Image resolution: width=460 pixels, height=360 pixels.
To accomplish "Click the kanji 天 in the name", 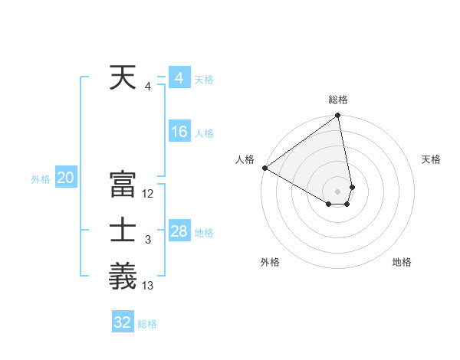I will tap(123, 77).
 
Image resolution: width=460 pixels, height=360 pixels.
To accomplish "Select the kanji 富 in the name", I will tap(123, 185).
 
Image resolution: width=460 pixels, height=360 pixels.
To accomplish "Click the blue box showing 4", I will tap(179, 78).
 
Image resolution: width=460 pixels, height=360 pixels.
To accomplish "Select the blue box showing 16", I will tap(179, 132).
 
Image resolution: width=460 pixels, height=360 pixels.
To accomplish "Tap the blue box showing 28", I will tap(179, 231).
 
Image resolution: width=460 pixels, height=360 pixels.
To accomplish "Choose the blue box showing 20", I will tap(65, 178).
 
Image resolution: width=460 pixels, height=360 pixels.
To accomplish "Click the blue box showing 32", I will tap(123, 322).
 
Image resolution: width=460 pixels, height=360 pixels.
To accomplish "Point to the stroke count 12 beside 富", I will tap(148, 195).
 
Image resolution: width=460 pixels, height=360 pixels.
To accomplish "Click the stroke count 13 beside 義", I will tap(148, 286).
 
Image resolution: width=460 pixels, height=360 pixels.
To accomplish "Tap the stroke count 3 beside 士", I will tap(148, 241).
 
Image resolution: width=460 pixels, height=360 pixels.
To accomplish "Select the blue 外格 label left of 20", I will tap(41, 179).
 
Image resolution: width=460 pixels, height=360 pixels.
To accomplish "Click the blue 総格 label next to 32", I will tap(147, 324).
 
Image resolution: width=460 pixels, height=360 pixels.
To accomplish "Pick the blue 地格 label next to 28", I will tap(205, 233).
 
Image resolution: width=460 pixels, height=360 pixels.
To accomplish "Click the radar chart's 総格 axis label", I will tap(338, 100).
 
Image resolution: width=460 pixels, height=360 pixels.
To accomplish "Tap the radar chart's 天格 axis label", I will tap(431, 159).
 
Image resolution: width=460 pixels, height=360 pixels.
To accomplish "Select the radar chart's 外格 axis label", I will tap(270, 262).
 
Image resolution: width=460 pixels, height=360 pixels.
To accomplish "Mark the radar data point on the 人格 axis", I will tap(264, 168).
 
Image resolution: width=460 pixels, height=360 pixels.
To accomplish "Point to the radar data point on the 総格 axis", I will tap(337, 116).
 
